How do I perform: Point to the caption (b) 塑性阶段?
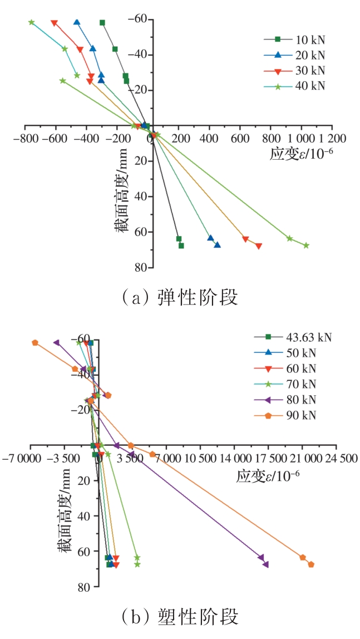coord(179,616)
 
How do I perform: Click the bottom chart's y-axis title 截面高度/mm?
coord(65,512)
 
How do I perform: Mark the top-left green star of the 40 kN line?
coord(32,23)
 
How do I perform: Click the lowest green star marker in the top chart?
coord(306,245)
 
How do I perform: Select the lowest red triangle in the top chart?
coord(259,246)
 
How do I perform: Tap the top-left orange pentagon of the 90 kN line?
coord(35,343)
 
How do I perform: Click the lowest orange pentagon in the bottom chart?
coord(311,564)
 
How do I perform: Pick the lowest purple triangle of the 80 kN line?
coord(266,564)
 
